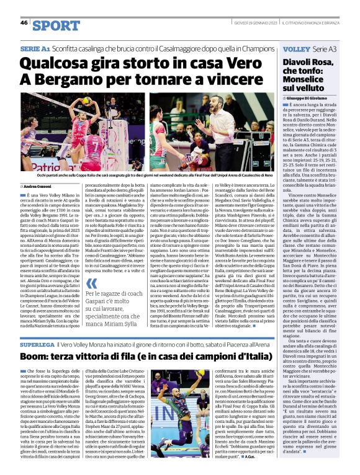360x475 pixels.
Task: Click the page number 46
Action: point(24,22)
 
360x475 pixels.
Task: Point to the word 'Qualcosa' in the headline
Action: point(59,63)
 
